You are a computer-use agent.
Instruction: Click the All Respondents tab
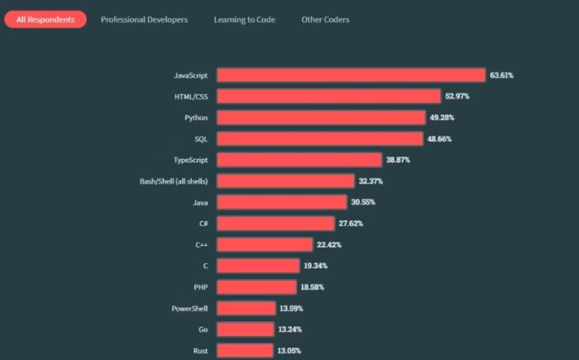[x=45, y=19]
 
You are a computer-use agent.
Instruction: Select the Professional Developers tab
[x=144, y=19]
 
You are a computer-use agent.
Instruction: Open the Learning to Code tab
[x=244, y=19]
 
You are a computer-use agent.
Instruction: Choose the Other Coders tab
[x=325, y=19]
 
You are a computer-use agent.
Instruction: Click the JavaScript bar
[x=351, y=75]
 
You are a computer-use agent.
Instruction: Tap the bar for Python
[x=321, y=118]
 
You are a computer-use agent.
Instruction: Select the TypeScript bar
[x=299, y=160]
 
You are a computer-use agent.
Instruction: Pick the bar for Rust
[x=245, y=350]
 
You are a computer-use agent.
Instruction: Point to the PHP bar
[x=256, y=287]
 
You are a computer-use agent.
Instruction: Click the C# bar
[x=275, y=223]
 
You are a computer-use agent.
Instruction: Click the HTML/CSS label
[x=191, y=97]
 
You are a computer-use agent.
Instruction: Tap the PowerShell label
[x=189, y=308]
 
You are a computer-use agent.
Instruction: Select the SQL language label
[x=201, y=139]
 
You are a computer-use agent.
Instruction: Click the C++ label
[x=201, y=245]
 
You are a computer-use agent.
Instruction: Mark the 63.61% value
[x=501, y=75]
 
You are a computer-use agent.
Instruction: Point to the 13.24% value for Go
[x=289, y=329]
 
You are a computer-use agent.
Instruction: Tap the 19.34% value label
[x=315, y=266]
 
